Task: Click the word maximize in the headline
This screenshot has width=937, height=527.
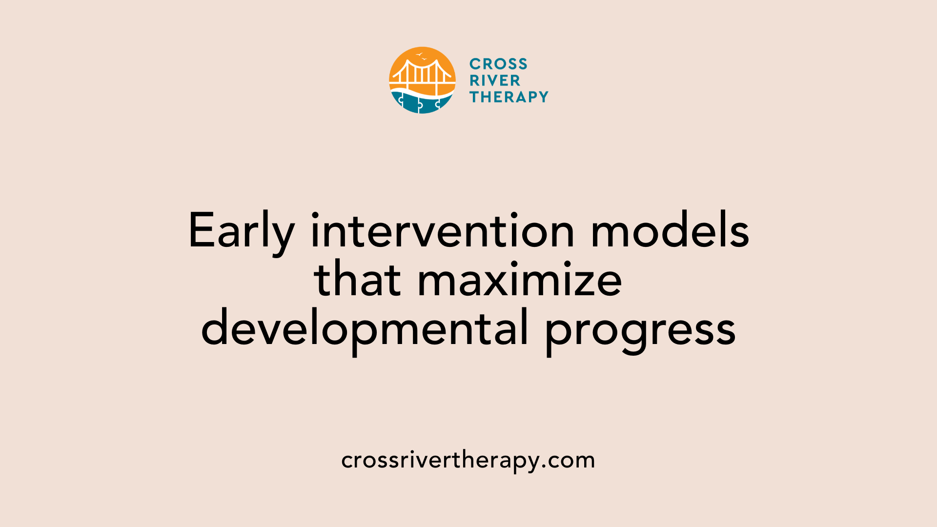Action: pyautogui.click(x=520, y=281)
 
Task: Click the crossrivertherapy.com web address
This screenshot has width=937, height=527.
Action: pyautogui.click(x=468, y=460)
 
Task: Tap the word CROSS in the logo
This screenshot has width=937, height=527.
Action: pyautogui.click(x=498, y=64)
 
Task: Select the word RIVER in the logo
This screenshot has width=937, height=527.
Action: pyautogui.click(x=495, y=81)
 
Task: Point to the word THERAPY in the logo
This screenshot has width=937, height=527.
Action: pyautogui.click(x=509, y=97)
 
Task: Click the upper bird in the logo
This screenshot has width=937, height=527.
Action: pyautogui.click(x=419, y=54)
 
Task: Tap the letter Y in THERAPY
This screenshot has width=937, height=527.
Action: pyautogui.click(x=542, y=97)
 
